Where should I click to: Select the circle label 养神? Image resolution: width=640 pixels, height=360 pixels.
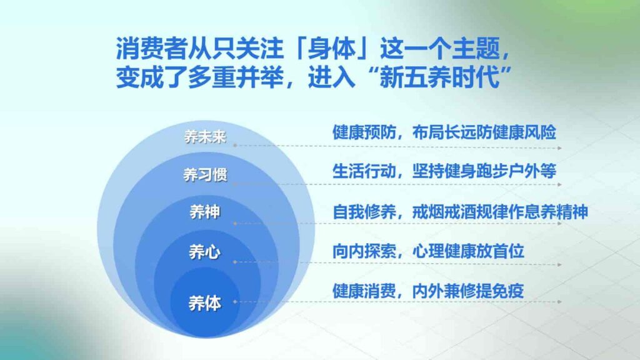click(204, 212)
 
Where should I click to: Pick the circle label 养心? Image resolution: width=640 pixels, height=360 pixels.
click(204, 252)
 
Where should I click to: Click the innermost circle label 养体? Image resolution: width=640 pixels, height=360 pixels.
click(204, 304)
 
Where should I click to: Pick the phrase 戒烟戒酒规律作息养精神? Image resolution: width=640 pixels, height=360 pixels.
click(500, 212)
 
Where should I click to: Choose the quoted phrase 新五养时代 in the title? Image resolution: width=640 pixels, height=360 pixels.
click(444, 79)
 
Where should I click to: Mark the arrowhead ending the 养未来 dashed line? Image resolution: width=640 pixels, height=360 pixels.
click(559, 148)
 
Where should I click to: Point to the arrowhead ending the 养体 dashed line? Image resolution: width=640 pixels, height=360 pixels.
click(559, 302)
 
